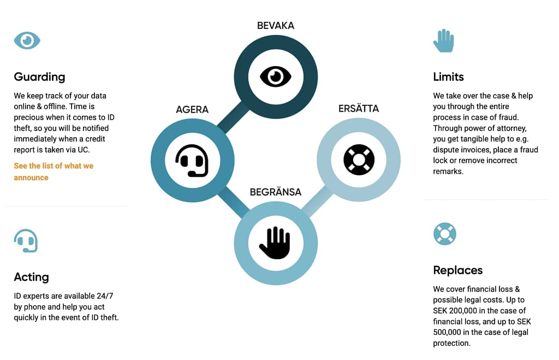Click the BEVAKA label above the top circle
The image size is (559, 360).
[276, 26]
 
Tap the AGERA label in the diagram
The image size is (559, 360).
[192, 110]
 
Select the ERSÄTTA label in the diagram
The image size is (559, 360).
[359, 109]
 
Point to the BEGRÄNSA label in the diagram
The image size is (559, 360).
[276, 192]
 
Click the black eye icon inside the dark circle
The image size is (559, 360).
[276, 76]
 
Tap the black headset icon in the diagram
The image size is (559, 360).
[192, 161]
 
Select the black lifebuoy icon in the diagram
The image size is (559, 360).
[359, 160]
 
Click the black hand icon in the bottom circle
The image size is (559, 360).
[275, 243]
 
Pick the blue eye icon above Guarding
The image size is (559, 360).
[27, 40]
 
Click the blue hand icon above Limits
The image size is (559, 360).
[444, 40]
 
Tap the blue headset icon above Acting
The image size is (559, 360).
[26, 241]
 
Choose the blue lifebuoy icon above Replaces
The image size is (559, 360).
[445, 234]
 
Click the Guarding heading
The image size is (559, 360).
[39, 77]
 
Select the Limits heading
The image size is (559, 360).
[449, 76]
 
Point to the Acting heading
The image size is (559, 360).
[31, 277]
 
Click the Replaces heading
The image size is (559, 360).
[458, 270]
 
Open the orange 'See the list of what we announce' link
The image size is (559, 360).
[53, 172]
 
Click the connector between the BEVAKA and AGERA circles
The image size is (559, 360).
[233, 118]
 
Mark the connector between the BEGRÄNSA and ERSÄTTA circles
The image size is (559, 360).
[317, 202]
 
